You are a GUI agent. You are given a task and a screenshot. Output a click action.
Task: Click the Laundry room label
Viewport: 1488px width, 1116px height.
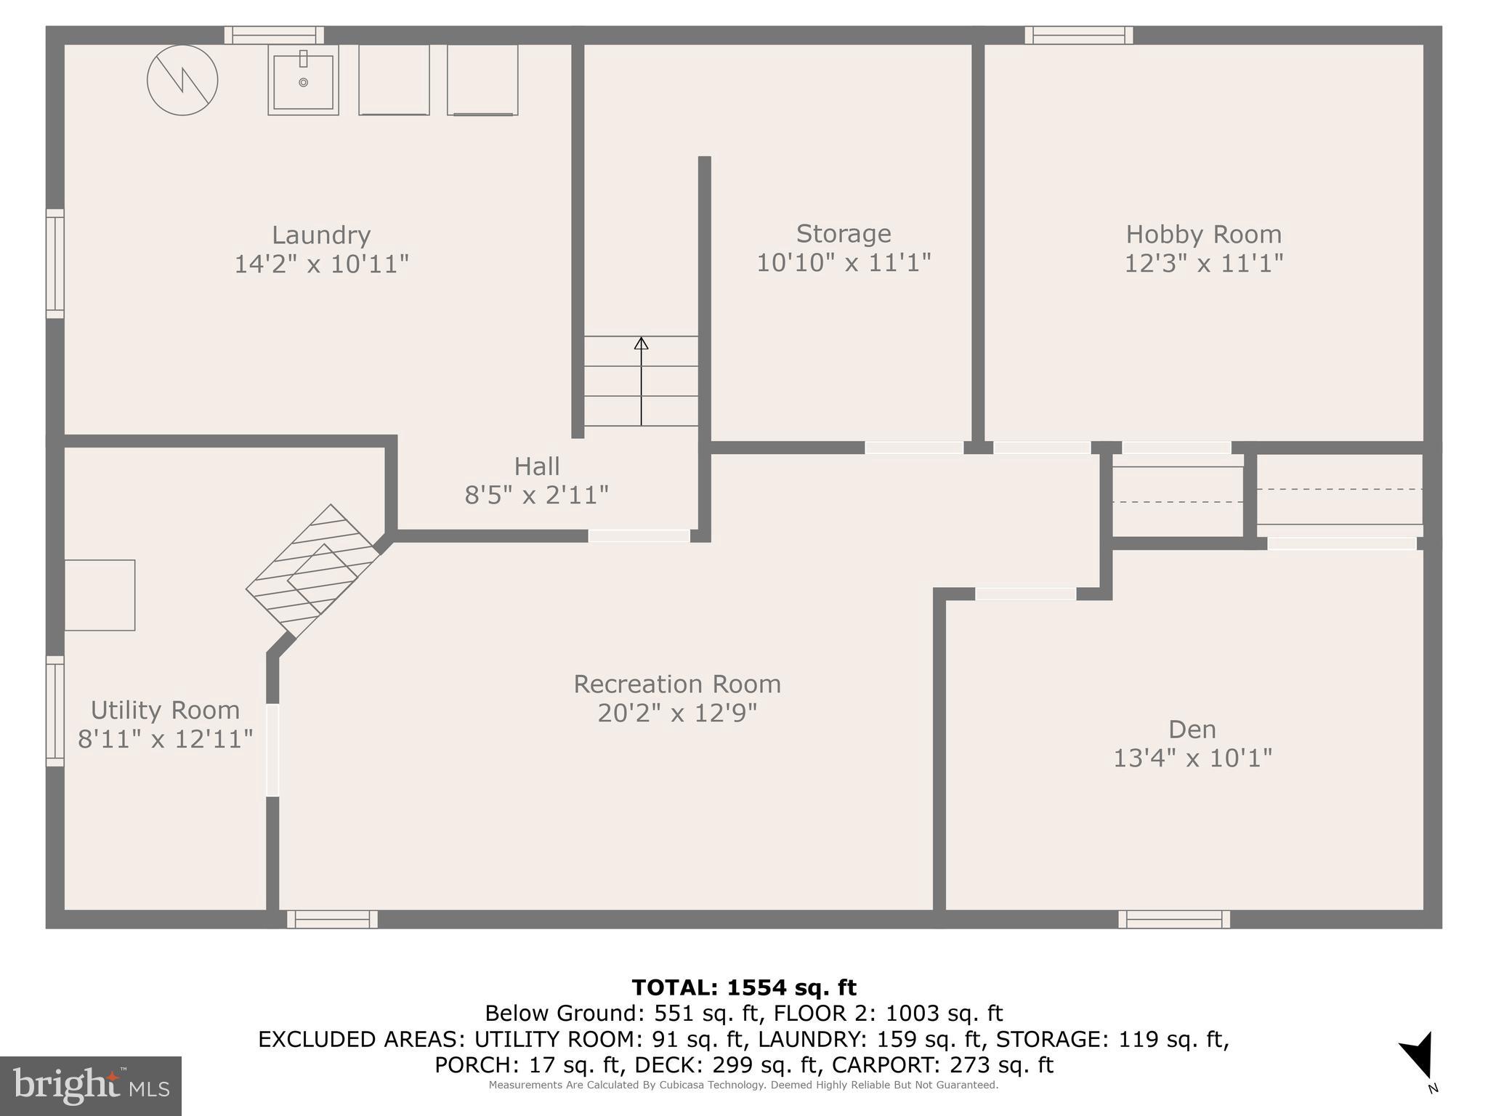tap(321, 235)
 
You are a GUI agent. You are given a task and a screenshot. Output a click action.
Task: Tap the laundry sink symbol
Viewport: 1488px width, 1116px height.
tap(303, 81)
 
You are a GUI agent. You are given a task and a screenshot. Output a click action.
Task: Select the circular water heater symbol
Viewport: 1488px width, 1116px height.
tap(182, 80)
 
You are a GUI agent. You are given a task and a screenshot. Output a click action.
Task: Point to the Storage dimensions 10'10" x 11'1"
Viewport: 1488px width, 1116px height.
tap(844, 262)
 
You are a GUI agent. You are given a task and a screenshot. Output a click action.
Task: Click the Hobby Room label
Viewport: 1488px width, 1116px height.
tap(1203, 235)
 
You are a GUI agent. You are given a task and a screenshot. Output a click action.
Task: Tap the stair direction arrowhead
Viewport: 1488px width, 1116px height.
tap(641, 343)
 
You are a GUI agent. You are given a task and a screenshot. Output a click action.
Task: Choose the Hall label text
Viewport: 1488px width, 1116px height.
tap(537, 466)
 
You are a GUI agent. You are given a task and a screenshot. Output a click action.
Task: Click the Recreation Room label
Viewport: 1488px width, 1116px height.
tap(677, 684)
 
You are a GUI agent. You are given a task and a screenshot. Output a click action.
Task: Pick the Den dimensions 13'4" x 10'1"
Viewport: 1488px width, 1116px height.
tap(1192, 758)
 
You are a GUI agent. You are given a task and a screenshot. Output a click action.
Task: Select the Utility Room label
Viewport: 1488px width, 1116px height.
tap(165, 710)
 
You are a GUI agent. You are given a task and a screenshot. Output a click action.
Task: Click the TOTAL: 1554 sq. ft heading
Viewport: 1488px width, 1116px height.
tap(743, 987)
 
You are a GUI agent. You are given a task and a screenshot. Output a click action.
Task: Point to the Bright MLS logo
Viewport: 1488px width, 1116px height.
tap(91, 1086)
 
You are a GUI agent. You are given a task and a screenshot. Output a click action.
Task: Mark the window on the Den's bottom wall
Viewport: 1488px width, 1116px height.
tap(1173, 919)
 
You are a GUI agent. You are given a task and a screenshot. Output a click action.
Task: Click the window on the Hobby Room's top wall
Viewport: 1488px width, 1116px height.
tap(1078, 35)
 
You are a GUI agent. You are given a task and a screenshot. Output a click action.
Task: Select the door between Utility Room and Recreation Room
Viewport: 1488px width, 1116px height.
tap(272, 750)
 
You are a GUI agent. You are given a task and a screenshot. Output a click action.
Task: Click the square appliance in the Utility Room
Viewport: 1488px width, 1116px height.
tap(100, 595)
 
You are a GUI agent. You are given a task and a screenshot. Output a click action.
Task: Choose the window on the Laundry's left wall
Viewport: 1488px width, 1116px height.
tap(55, 264)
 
